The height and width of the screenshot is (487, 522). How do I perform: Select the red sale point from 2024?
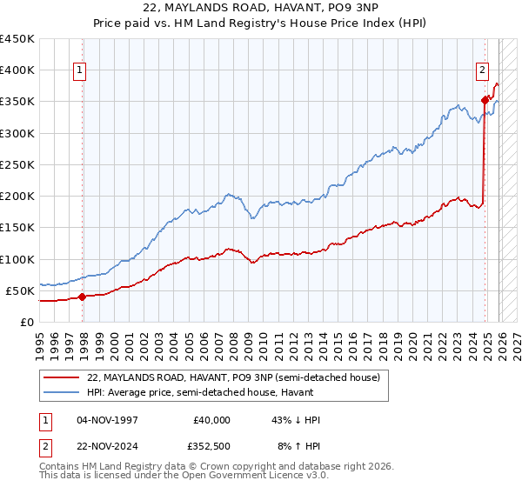click(x=485, y=100)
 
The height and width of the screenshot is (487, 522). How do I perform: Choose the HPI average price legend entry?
click(x=237, y=392)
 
